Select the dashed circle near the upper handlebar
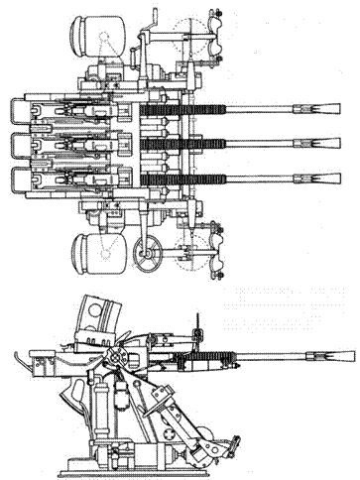click(185, 40)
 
